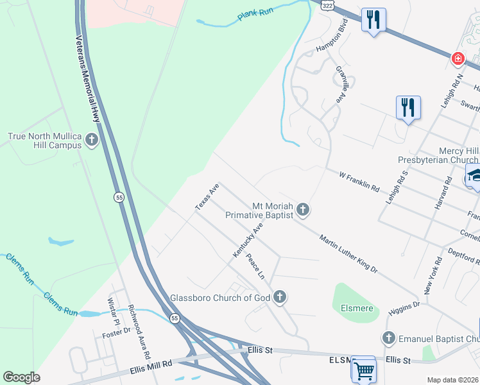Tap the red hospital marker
458,59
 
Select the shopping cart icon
363,370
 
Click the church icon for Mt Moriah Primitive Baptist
303,209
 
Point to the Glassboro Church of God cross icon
279,297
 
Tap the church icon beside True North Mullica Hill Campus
92,140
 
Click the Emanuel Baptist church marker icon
388,338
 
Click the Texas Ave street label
207,196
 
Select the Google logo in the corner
21,377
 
